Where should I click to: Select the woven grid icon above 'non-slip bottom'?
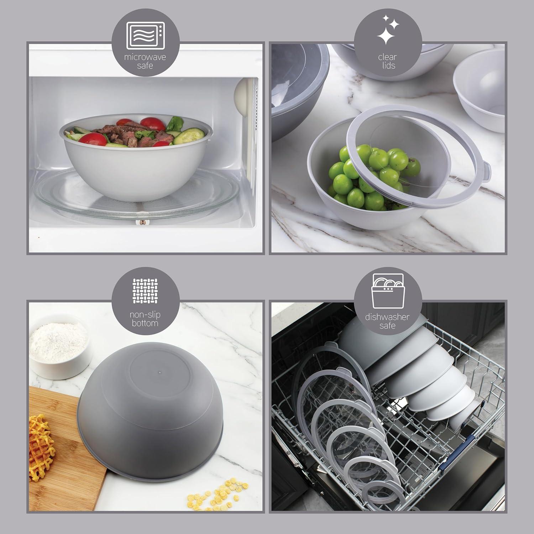pos(145,291)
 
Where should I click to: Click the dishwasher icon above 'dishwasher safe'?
pos(387,292)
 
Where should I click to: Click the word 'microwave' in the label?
pos(145,57)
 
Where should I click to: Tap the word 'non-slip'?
pos(145,315)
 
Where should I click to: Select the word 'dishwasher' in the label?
pos(387,317)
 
